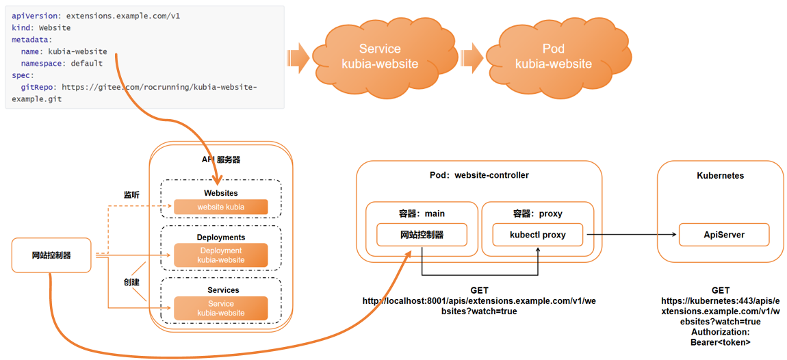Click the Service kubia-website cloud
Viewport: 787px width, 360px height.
click(x=380, y=56)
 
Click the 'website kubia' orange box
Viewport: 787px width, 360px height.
click(x=220, y=207)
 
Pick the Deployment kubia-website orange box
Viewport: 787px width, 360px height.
click(x=220, y=255)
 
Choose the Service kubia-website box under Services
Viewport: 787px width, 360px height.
click(x=220, y=308)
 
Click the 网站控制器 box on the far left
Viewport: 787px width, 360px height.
click(x=51, y=255)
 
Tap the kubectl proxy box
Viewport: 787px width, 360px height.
click(x=538, y=235)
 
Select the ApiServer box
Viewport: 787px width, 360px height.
click(x=723, y=235)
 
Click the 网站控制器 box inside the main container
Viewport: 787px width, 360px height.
click(x=422, y=235)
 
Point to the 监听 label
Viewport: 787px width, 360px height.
click(x=131, y=195)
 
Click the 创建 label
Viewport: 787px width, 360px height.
click(x=131, y=282)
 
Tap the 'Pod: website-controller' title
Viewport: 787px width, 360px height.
click(x=478, y=175)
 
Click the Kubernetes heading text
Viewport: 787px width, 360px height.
click(x=720, y=176)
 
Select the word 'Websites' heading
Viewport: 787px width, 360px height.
click(x=220, y=194)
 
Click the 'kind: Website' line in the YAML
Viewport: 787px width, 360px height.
click(x=41, y=28)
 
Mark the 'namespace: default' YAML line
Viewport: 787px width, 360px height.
click(x=62, y=64)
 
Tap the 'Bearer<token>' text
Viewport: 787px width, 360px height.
click(x=720, y=342)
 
